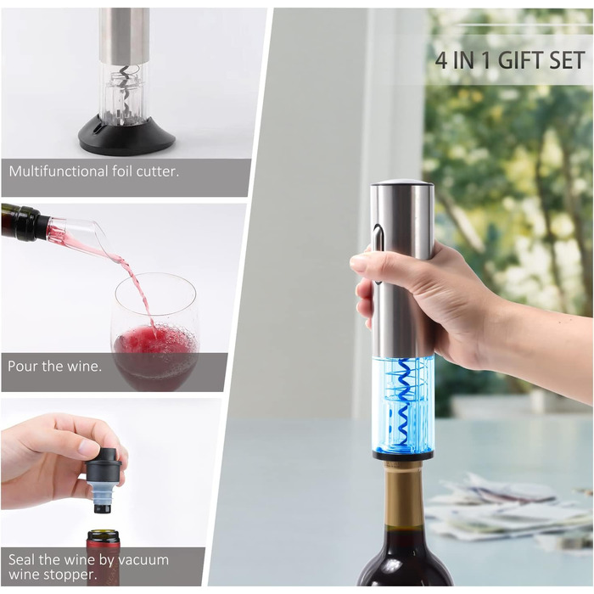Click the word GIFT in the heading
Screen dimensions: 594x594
tap(519, 60)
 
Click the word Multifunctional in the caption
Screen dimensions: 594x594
tap(58, 171)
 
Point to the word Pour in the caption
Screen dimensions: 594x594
tap(22, 367)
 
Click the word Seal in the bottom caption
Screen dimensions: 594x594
tap(22, 559)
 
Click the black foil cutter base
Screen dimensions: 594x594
tap(126, 136)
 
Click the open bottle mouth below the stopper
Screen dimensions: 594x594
tap(104, 535)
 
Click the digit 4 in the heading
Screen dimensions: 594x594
tap(441, 60)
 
